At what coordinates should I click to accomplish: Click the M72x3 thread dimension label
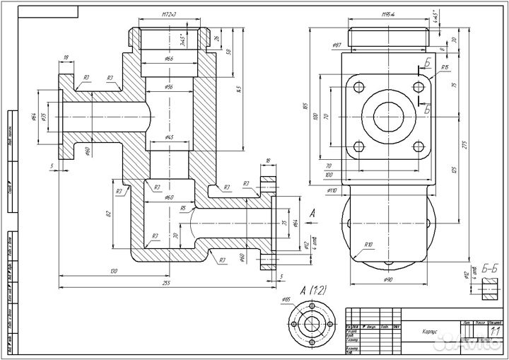[x=168, y=13]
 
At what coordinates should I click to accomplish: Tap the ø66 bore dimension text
[x=169, y=59]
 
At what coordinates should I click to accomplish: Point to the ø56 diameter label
[x=169, y=86]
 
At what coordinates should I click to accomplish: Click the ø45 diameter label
[x=169, y=137]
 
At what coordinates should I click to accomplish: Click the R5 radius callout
[x=183, y=209]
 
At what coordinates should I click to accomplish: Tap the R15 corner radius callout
[x=445, y=68]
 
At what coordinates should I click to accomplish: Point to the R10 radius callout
[x=368, y=246]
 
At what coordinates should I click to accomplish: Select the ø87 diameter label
[x=337, y=45]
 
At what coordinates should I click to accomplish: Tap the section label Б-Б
[x=491, y=267]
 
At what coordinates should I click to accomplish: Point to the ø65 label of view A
[x=286, y=300]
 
